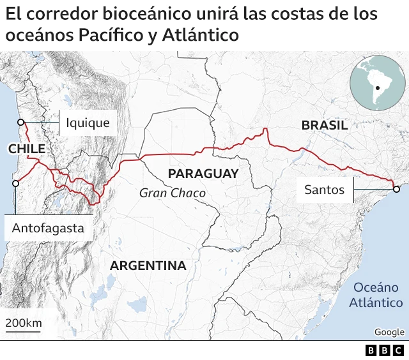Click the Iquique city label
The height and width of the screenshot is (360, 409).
coord(88,123)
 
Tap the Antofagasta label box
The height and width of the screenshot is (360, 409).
coord(48,227)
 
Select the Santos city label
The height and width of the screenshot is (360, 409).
coord(324,189)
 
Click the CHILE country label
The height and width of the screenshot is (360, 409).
coord(27,149)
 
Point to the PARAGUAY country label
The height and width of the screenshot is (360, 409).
coord(203,174)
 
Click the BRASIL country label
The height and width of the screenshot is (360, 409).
coord(325,126)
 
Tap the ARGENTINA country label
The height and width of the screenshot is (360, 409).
coord(148,266)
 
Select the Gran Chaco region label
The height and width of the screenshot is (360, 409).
coord(173,193)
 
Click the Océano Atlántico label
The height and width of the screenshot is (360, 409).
coord(376,295)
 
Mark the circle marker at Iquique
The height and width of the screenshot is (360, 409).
coord(20,123)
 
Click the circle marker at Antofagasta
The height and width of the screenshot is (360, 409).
coord(15,183)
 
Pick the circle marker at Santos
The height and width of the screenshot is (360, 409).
coord(396,189)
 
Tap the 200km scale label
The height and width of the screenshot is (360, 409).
coord(24,322)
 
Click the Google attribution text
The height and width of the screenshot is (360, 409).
coord(389,332)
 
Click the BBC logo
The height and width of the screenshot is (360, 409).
coord(385,350)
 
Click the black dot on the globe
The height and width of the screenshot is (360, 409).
coord(378,87)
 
